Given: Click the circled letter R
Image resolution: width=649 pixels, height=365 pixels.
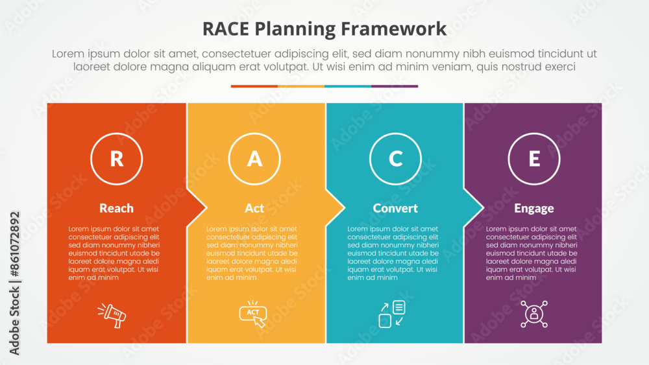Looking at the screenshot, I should click(x=117, y=159).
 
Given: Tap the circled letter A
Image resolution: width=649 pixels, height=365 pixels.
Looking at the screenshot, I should click(x=255, y=159).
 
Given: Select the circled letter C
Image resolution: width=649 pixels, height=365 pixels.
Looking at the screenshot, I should click(x=395, y=159).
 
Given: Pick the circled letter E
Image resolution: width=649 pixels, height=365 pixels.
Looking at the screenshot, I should click(x=534, y=159).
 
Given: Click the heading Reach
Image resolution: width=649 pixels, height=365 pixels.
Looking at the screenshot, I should click(x=117, y=208).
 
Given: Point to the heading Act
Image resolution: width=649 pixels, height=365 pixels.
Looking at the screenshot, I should click(x=254, y=208).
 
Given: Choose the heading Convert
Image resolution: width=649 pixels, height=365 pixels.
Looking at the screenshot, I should click(x=395, y=208).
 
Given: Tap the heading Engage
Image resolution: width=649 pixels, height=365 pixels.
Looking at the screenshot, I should click(x=534, y=208).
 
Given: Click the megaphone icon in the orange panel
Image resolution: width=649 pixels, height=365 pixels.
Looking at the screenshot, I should click(x=112, y=315).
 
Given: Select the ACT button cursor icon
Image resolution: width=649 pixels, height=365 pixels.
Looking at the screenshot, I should click(x=253, y=314).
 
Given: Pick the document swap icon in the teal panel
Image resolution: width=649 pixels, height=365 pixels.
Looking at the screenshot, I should click(x=392, y=314).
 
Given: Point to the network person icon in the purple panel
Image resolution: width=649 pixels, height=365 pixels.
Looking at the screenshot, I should click(x=534, y=314).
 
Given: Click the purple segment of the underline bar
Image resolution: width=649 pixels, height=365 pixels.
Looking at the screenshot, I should click(x=395, y=86).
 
